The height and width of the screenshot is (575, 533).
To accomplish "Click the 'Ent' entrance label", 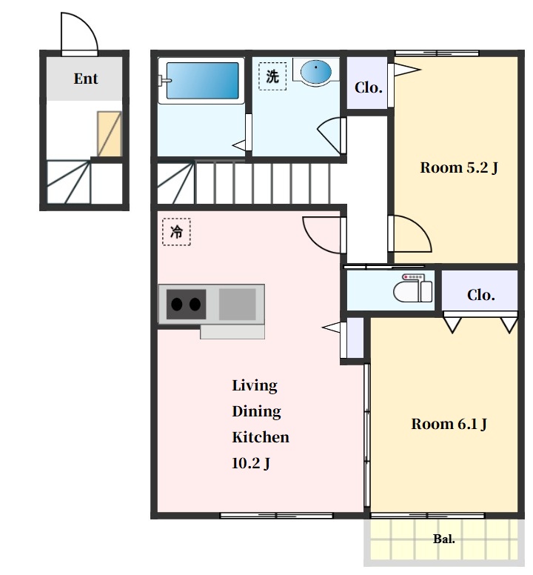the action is (x=86, y=79).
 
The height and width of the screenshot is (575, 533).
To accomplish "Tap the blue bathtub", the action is (x=203, y=80).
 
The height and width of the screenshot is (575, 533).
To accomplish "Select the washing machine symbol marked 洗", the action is (x=272, y=76).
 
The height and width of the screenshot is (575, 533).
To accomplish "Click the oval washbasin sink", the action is (x=316, y=72).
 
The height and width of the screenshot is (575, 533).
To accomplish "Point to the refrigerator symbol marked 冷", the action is (x=176, y=232).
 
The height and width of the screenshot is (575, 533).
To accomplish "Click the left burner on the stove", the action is (x=177, y=304).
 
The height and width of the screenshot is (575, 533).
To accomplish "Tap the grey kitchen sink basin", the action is (x=238, y=304).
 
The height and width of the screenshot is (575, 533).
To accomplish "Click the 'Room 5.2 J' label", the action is (x=459, y=167).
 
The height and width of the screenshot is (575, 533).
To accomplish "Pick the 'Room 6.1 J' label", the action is (x=449, y=424).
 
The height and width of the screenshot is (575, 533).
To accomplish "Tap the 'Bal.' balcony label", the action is (x=444, y=539).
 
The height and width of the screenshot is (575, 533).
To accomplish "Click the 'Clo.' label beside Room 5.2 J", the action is (x=368, y=87).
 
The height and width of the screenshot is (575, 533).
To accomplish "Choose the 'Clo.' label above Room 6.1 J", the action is (x=480, y=294).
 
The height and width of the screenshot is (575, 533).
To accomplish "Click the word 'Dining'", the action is (x=256, y=411).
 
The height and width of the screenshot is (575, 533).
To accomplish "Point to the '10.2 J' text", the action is (x=251, y=463).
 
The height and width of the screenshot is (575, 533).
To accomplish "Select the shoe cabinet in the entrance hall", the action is (x=109, y=134).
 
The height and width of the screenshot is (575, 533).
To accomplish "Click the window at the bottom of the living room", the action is (x=277, y=515).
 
